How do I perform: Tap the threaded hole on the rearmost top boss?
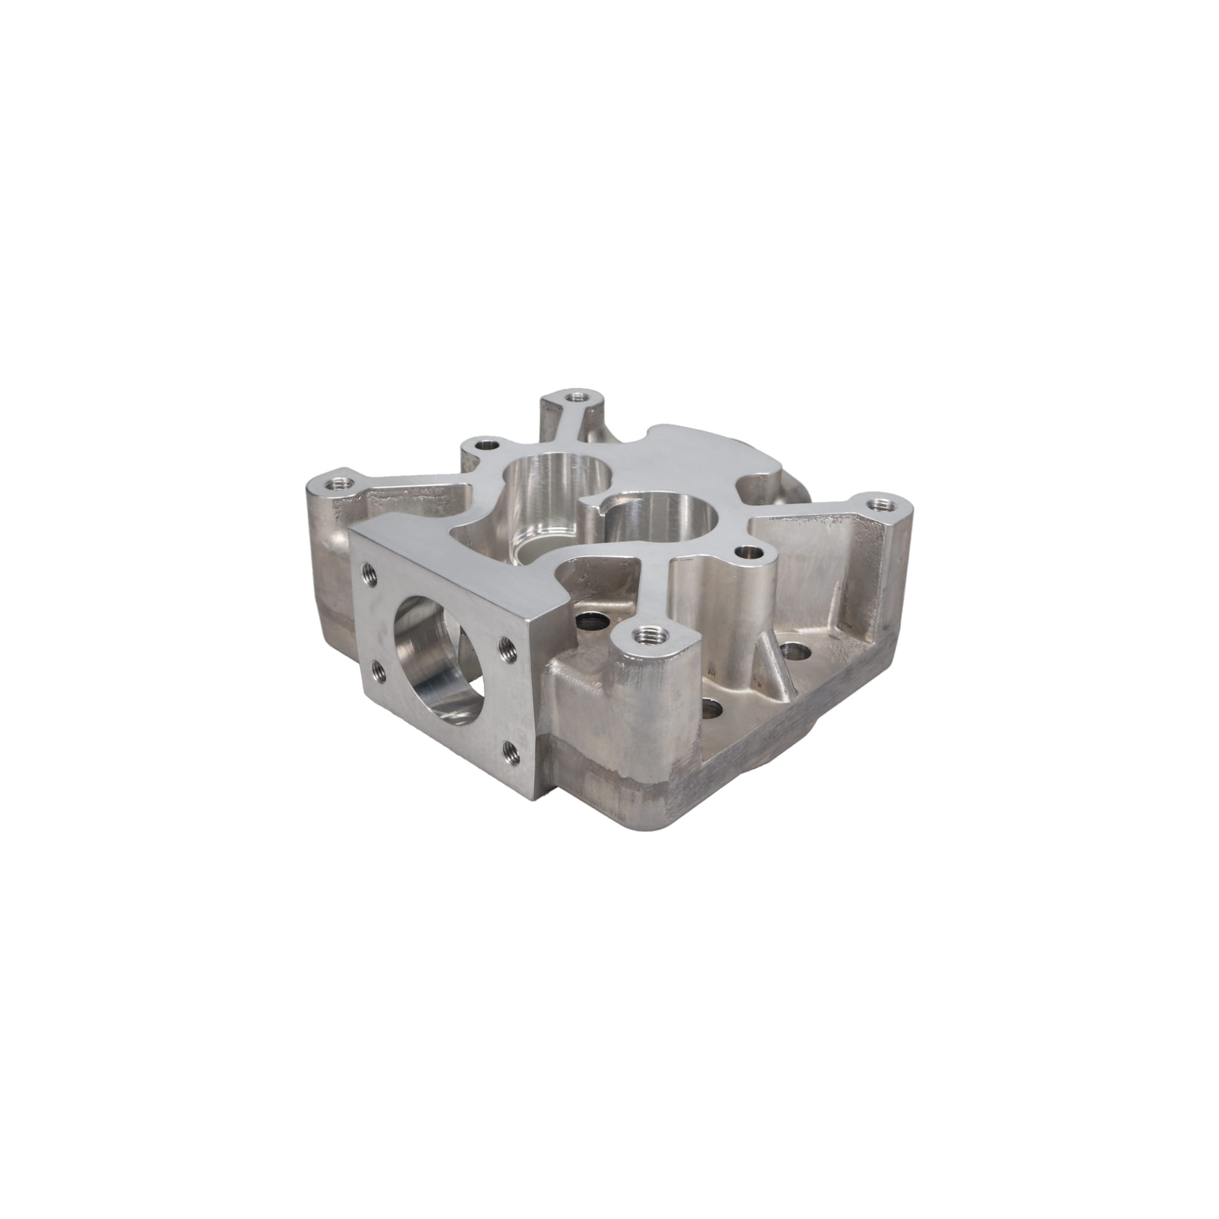click(574, 397)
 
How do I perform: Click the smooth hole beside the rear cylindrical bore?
click(486, 445)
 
